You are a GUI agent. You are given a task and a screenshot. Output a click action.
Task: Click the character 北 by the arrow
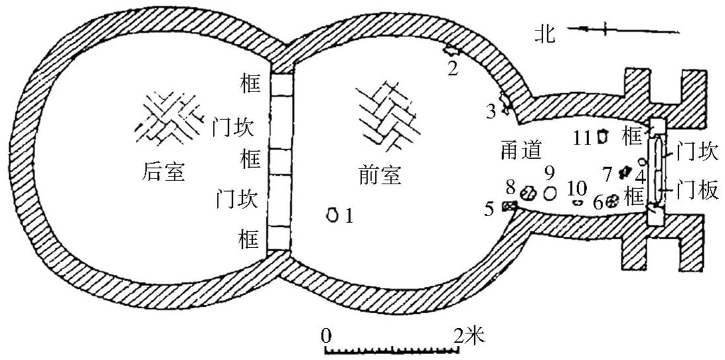tap(548, 32)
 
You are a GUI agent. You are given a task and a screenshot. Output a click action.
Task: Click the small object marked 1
tap(333, 214)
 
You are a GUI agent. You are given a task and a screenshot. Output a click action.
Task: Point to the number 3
tap(491, 111)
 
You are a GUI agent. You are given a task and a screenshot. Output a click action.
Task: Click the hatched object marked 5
tap(509, 207)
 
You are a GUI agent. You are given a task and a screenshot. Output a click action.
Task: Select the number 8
tap(509, 184)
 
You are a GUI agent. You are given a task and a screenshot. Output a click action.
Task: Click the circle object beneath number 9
tap(550, 193)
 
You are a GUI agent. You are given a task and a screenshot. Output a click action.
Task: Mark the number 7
tap(606, 174)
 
